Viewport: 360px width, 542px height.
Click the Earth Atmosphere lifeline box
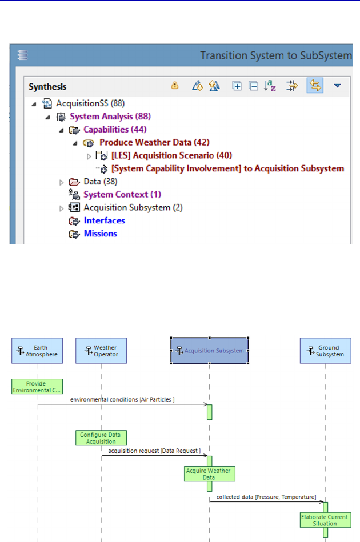click(x=37, y=351)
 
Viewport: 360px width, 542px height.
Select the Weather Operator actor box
click(x=101, y=351)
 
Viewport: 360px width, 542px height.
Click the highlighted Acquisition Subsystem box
click(x=209, y=351)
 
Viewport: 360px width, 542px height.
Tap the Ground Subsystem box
click(x=325, y=351)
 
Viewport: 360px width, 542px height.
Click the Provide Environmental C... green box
click(x=37, y=387)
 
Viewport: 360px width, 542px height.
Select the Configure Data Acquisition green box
click(x=101, y=438)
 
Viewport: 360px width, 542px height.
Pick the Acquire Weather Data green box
click(x=209, y=474)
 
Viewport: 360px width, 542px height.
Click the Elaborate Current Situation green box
click(x=325, y=520)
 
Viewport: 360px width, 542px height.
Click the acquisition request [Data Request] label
click(x=151, y=451)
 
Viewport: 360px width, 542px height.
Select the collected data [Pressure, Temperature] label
click(x=266, y=497)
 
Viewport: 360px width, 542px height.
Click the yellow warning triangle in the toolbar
click(x=175, y=86)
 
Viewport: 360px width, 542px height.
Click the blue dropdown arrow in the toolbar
click(x=337, y=86)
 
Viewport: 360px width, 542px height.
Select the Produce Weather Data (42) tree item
click(x=146, y=142)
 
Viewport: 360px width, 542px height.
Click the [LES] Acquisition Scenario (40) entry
click(x=171, y=155)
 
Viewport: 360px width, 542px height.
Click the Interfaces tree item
click(x=104, y=220)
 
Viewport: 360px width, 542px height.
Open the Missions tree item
click(x=100, y=234)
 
